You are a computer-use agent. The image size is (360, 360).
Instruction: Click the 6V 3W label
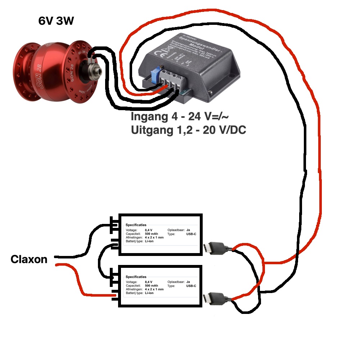click(56, 21)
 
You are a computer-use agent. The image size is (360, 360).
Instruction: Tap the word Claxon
click(29, 259)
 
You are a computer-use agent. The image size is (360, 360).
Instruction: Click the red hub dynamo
click(54, 68)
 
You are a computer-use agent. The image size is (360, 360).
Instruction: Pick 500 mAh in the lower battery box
click(152, 285)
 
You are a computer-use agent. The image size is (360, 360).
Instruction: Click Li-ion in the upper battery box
click(149, 241)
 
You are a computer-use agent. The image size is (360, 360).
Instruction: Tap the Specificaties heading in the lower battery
click(136, 277)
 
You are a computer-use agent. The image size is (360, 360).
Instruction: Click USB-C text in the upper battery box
click(191, 234)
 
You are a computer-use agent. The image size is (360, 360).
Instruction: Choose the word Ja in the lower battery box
click(188, 282)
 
